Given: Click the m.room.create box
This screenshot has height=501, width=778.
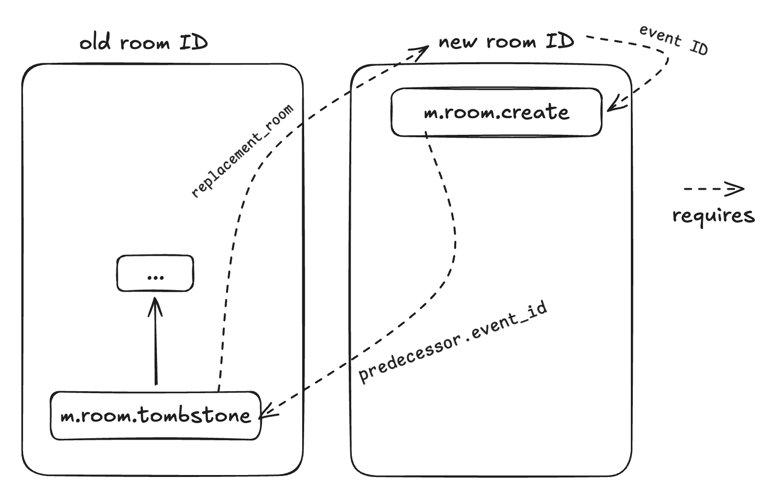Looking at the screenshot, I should coord(496,112).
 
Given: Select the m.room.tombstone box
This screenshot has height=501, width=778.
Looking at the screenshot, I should coord(156,416).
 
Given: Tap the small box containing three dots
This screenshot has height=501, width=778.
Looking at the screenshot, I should coord(155,274).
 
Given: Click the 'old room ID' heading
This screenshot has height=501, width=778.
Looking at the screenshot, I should coord(143,43).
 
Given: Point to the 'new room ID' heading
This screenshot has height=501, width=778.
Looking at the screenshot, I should coord(506,41).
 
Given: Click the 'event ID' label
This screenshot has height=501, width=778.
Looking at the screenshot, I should coord(674,40).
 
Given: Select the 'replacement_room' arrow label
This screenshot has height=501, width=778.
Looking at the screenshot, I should coord(242,151).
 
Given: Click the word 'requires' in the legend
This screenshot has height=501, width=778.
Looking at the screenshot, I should coord(713,216).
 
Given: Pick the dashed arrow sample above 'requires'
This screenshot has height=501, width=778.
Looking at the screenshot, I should coord(714,189).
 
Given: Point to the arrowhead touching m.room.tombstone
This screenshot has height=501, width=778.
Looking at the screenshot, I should coord(266,412).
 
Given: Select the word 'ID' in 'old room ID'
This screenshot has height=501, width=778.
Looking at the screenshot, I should coord(193,43).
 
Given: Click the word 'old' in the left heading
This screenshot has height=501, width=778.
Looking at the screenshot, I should coord(95,43).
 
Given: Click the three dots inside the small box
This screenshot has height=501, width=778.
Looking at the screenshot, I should coord(155,277).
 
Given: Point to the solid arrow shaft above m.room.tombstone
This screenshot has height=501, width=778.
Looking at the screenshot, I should coord(156,348).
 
